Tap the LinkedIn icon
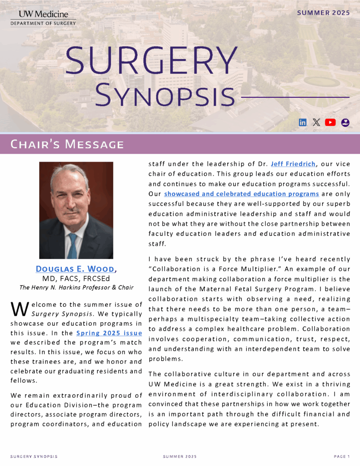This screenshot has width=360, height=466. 303,122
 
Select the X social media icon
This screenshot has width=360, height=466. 316,122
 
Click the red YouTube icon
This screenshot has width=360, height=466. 330,122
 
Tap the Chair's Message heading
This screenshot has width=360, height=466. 67,145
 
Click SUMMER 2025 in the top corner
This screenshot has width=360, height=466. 324,13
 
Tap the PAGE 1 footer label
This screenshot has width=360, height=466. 341,456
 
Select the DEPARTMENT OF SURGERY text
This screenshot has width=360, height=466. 43,23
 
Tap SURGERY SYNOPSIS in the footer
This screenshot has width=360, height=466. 34,456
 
